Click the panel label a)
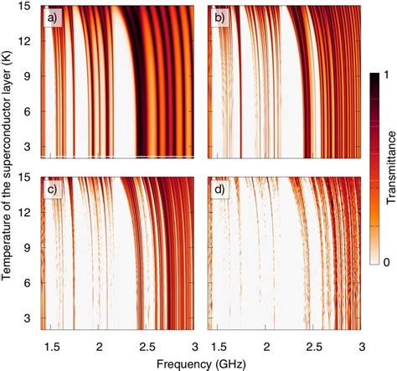point(54,18)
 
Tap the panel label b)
point(219,18)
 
